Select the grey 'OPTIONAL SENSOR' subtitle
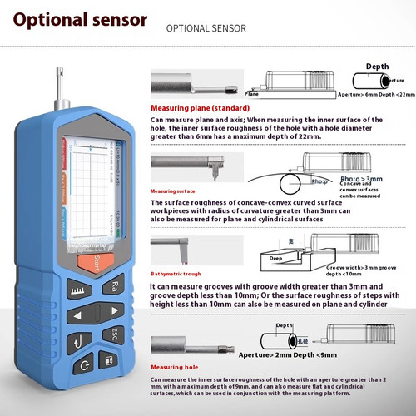click(206, 28)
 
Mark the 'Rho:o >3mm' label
click(362, 177)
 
